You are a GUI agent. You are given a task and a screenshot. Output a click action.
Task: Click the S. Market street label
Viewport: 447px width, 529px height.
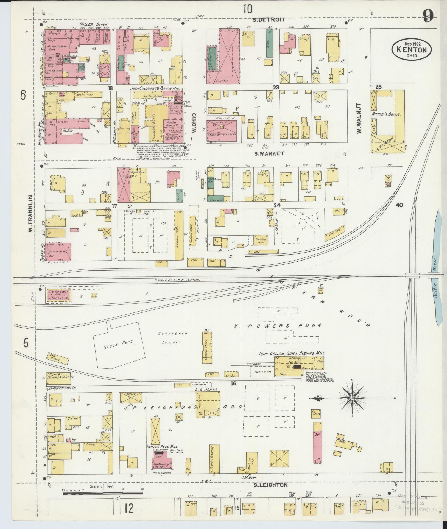coord(269,153)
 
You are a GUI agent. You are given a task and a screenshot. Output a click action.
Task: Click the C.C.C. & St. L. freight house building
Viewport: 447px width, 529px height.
coord(59,295)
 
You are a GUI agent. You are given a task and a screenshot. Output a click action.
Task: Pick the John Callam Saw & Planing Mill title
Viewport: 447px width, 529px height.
coord(291,354)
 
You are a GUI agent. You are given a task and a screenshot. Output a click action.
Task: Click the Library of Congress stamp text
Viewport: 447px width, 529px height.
coord(415,510)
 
